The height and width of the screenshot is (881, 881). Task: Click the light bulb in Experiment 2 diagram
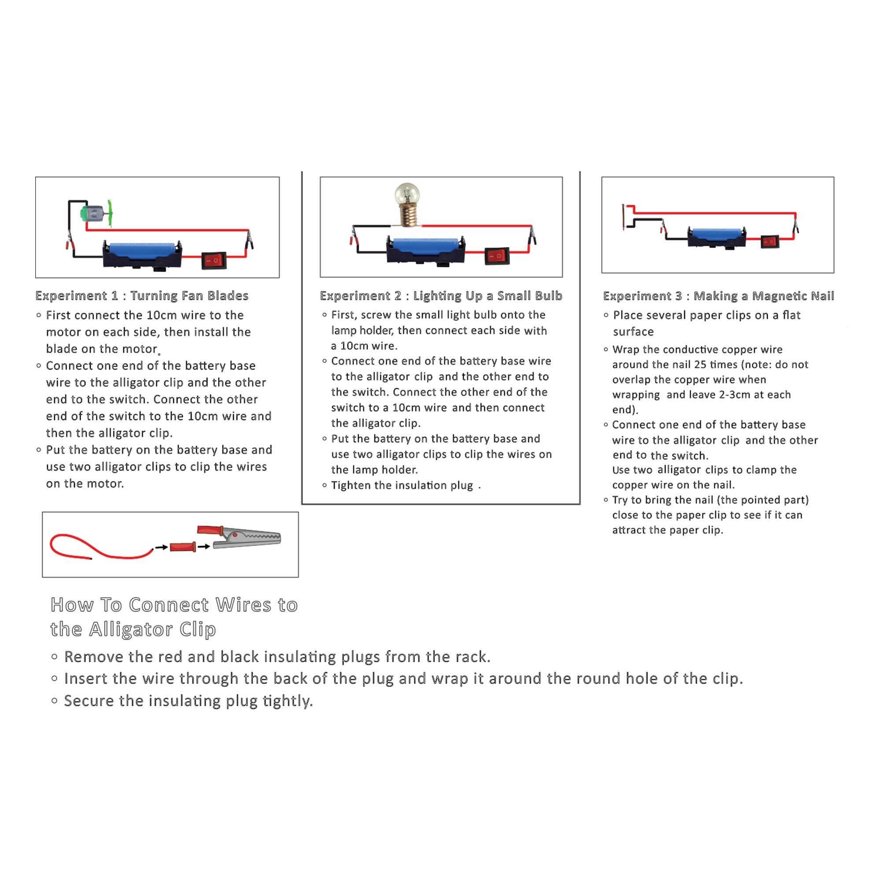tap(407, 204)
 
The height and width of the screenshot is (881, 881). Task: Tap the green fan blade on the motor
tap(110, 213)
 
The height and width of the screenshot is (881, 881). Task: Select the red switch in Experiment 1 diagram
tap(214, 260)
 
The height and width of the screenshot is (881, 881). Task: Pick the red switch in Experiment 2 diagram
tap(496, 256)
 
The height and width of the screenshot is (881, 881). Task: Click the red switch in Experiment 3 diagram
tap(770, 241)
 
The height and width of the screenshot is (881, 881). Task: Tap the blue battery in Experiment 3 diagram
tap(716, 234)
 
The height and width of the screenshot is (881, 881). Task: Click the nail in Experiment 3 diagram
tap(623, 218)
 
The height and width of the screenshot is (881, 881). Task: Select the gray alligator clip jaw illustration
tap(247, 538)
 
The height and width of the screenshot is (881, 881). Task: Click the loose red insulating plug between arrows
tap(183, 547)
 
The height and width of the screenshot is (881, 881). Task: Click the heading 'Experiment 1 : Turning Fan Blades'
tap(142, 296)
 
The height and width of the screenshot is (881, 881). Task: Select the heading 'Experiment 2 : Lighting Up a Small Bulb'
tap(441, 296)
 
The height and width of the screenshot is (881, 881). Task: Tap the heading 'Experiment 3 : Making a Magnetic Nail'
tap(718, 296)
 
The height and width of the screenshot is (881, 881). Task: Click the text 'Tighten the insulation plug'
tap(402, 485)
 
